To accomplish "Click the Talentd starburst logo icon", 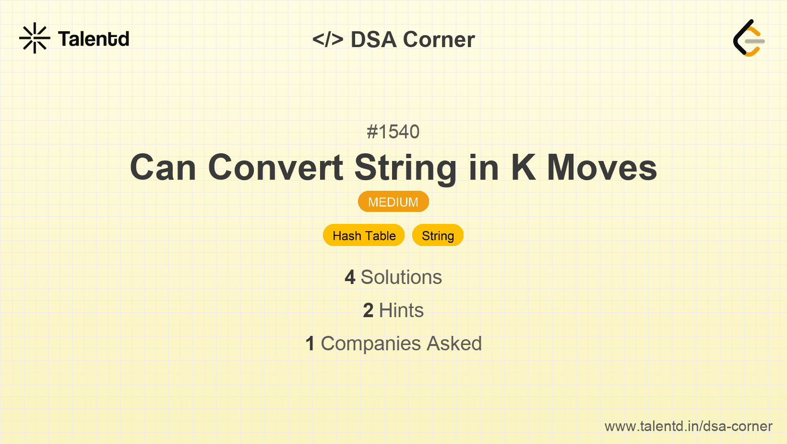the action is click(x=35, y=38).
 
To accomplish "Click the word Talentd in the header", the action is click(x=94, y=39).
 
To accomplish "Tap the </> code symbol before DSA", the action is click(x=328, y=39).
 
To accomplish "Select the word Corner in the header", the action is click(x=439, y=39).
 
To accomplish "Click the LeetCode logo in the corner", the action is click(x=749, y=38).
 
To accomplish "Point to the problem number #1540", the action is click(x=393, y=132).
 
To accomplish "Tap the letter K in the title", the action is click(x=524, y=168).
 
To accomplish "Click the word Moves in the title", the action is click(x=602, y=168).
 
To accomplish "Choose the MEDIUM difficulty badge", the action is click(x=393, y=202).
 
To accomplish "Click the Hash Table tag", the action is click(x=364, y=235).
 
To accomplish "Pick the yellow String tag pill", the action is click(x=438, y=235).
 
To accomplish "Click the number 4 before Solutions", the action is click(x=350, y=277).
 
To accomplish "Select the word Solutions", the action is click(x=401, y=277).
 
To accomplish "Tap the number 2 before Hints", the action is click(x=368, y=310).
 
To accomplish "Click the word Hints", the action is click(x=401, y=310).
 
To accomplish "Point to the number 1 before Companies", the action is click(x=310, y=344).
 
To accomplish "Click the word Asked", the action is click(x=454, y=344).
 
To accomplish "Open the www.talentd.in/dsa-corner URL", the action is click(x=688, y=426).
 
